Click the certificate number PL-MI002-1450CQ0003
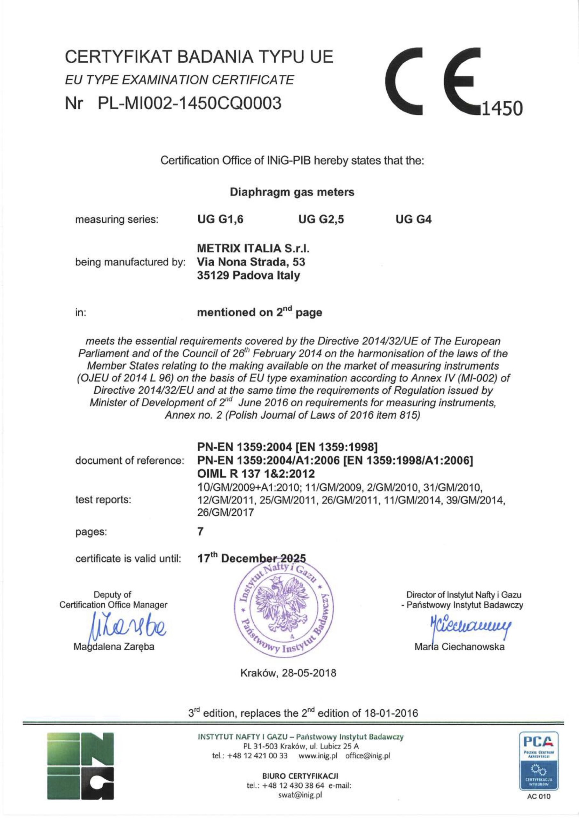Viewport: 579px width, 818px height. (189, 104)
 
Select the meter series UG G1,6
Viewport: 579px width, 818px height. (220, 220)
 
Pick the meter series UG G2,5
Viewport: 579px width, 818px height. (321, 220)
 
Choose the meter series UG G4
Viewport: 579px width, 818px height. (414, 220)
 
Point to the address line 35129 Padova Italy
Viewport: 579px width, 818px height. (249, 276)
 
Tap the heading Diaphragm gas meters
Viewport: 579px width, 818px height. (292, 192)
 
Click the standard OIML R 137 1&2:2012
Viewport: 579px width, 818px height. (256, 474)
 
